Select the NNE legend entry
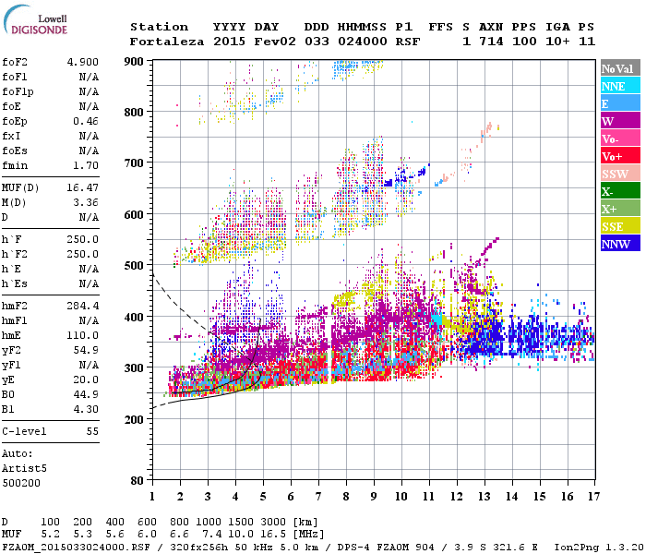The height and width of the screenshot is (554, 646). pos(614,86)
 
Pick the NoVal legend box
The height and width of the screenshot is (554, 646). pos(619,68)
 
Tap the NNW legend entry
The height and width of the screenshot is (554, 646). pos(616,244)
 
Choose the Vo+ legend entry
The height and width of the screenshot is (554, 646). pos(613,156)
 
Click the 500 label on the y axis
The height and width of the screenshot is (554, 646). pos(135,265)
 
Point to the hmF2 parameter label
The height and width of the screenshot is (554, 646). pos(15,305)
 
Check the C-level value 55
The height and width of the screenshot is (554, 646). pos(92,431)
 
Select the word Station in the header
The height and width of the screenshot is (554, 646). pos(159,27)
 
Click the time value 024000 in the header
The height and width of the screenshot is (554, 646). pos(362,42)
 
